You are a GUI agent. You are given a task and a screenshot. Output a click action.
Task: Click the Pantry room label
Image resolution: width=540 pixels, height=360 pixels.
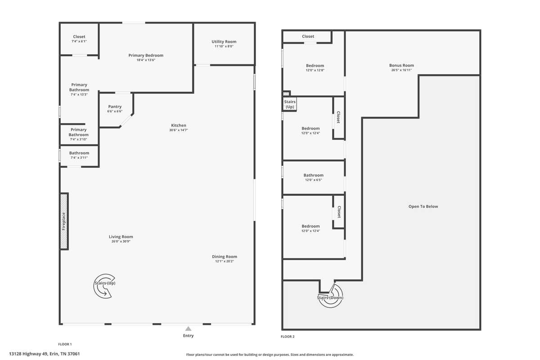[x=115, y=107]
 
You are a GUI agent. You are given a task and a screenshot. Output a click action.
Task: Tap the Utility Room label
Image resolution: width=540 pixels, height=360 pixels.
[x=224, y=42]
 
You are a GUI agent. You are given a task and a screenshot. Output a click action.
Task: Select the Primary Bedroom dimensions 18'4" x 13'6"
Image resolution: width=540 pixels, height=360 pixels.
[x=146, y=60]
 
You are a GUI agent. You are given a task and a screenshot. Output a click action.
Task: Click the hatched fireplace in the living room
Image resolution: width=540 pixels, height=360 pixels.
[x=64, y=221]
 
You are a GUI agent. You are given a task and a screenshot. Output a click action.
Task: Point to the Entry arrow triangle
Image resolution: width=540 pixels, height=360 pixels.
[x=188, y=328]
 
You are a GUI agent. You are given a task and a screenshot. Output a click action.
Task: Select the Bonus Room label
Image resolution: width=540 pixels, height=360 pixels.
[x=401, y=65]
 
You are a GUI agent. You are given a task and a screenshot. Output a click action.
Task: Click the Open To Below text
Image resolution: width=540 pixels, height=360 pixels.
[x=423, y=207]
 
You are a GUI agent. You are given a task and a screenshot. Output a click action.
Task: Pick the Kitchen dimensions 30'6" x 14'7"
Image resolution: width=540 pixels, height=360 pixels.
[x=178, y=130]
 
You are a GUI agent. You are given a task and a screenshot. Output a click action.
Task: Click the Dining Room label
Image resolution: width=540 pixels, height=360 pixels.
[x=225, y=256]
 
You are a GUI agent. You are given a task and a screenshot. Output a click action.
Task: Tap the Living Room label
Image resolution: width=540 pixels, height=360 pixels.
[x=121, y=237]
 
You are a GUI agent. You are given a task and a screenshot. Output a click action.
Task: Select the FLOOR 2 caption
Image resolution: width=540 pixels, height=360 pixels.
[x=288, y=337]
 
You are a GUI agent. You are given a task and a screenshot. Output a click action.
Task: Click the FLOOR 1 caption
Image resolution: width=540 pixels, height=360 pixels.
[x=65, y=344]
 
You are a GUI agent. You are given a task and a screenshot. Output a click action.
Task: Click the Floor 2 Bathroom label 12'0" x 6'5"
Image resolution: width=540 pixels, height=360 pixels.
[x=313, y=175]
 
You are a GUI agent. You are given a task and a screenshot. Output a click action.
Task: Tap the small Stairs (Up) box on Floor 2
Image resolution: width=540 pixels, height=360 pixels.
[x=289, y=104]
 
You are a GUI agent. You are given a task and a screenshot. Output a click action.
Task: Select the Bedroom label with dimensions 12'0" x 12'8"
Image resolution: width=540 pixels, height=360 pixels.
[x=315, y=66]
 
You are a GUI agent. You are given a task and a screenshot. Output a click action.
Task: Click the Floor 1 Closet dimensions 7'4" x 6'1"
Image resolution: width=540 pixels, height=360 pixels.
[x=79, y=41]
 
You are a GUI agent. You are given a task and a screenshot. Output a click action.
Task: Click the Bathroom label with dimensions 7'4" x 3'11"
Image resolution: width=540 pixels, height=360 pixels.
[x=79, y=153]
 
